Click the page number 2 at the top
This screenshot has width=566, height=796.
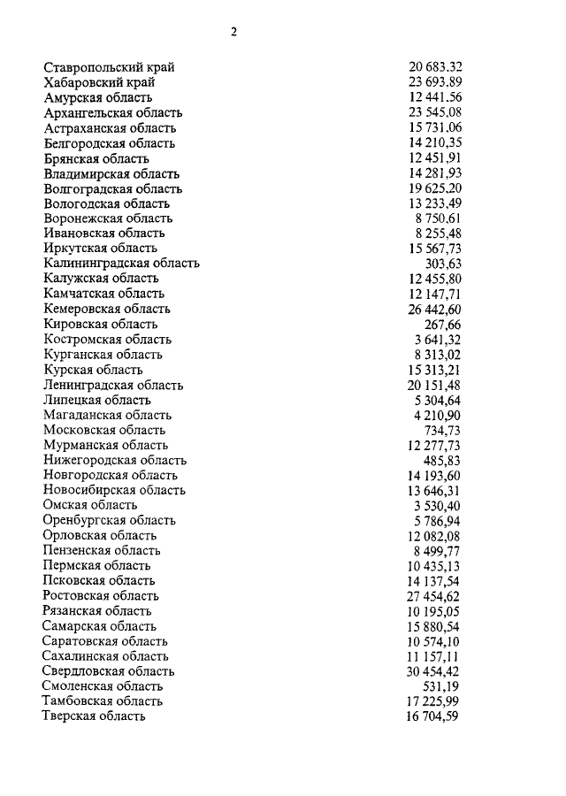(x=233, y=33)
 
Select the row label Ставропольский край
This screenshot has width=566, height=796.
(x=109, y=67)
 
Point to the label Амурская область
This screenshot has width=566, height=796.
(x=97, y=97)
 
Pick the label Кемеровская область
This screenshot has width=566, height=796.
(x=107, y=309)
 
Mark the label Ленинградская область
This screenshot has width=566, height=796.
(x=113, y=385)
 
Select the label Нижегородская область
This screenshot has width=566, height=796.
(x=114, y=460)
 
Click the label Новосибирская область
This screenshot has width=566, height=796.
(x=114, y=490)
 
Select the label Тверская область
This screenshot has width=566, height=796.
(x=94, y=716)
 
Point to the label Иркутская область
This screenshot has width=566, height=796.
(x=100, y=248)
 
